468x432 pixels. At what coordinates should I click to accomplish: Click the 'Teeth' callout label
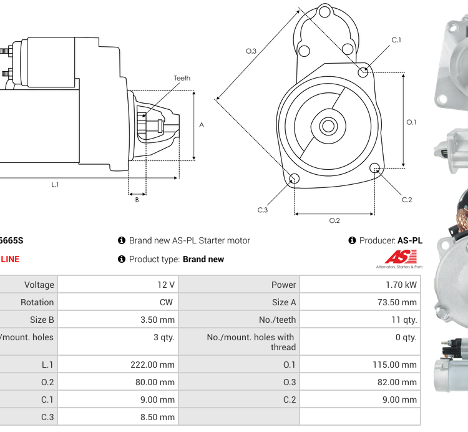[182, 78]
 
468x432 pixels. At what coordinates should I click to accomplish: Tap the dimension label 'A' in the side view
[202, 125]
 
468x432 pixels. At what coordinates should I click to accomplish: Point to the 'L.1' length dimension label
[55, 184]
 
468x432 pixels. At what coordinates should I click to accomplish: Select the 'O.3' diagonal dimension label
[251, 51]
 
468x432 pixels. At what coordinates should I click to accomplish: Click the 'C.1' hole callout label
[396, 40]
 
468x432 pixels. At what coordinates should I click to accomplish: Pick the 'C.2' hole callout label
[407, 200]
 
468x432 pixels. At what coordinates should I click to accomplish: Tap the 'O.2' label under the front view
[334, 220]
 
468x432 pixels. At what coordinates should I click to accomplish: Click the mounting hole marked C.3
[295, 180]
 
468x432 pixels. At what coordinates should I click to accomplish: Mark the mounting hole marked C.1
[363, 72]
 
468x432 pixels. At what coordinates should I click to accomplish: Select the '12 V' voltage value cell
[166, 285]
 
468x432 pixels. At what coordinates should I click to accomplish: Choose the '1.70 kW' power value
[402, 285]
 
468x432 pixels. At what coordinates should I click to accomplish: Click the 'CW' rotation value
[168, 302]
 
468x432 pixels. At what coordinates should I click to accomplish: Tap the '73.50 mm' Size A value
[397, 302]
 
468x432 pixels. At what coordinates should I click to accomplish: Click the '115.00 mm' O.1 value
[396, 365]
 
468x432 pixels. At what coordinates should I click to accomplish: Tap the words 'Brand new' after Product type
[203, 259]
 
